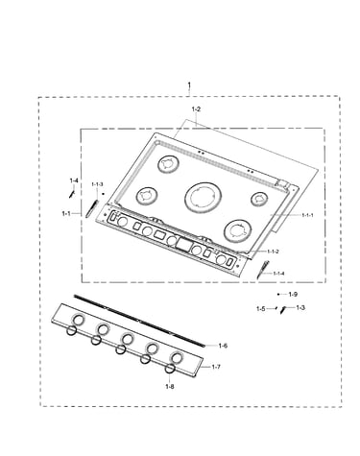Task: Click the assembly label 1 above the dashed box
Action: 189,85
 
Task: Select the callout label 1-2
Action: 196,109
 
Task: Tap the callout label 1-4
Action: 74,180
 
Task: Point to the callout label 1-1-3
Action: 97,184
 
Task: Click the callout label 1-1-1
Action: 307,215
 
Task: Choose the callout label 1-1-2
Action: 273,252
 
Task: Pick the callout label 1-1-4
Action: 278,274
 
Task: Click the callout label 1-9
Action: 293,294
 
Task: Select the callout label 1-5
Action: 261,309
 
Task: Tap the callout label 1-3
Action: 300,308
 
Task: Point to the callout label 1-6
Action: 223,346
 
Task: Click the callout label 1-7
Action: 216,367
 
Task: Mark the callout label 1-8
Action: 170,387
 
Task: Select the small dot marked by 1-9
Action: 278,294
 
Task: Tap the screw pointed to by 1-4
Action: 71,194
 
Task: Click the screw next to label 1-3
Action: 282,310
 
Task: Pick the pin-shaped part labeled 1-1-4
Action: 263,270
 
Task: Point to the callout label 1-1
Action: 66,213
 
